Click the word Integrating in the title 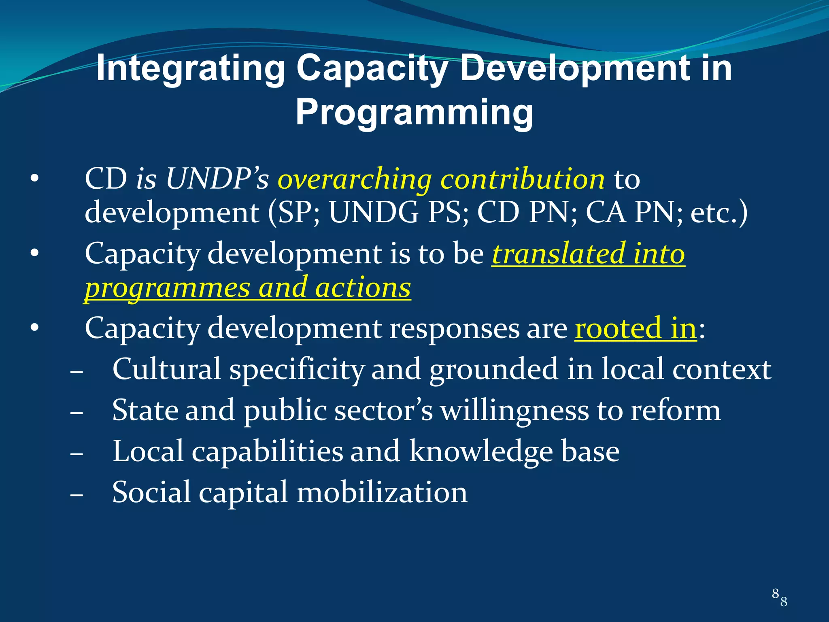(x=190, y=69)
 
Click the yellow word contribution (x=522, y=179)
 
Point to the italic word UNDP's (x=217, y=179)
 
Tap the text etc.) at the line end (x=718, y=213)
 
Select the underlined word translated (x=558, y=254)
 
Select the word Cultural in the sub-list (x=166, y=369)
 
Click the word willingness (x=514, y=411)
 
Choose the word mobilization (x=382, y=493)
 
